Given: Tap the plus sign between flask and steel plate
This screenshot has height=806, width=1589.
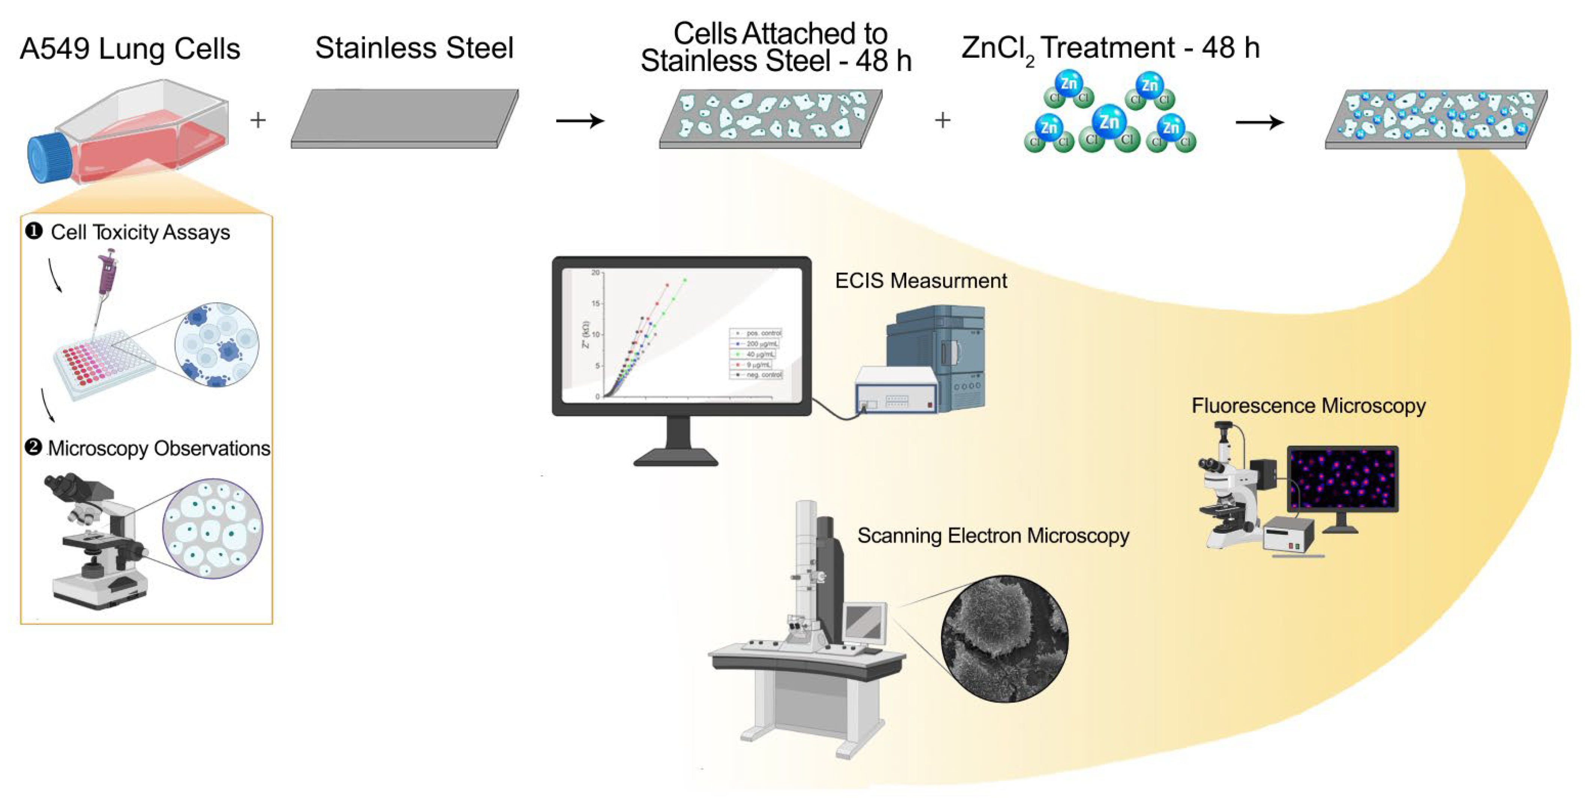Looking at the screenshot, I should (x=258, y=120).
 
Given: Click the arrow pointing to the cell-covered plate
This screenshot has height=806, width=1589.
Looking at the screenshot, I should (x=580, y=120).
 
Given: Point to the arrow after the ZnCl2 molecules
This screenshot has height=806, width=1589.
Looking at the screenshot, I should (x=1260, y=122).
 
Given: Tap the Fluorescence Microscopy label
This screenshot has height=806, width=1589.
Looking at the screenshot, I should (x=1308, y=406).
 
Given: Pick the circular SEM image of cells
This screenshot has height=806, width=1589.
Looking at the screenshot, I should (x=1004, y=639).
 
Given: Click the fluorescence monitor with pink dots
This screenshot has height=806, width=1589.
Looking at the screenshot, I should (x=1342, y=479).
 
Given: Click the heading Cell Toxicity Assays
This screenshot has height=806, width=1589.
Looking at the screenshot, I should (x=140, y=233).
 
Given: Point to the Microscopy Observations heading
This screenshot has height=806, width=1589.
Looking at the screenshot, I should (x=159, y=448).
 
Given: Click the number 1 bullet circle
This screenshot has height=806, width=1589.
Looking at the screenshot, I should (x=33, y=231).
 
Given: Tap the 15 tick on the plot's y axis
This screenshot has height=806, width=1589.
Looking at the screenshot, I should (x=595, y=303).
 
